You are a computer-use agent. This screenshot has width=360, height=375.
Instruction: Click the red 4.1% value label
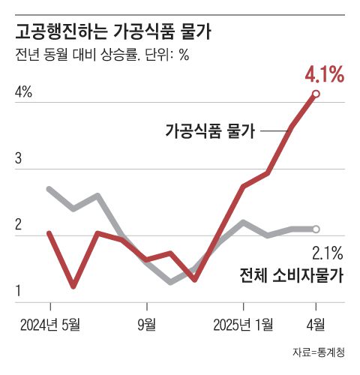pyautogui.click(x=324, y=75)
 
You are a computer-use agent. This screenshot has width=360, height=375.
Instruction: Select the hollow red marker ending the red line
pyautogui.click(x=316, y=94)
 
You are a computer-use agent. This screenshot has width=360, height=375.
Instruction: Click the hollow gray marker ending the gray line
pyautogui.click(x=316, y=229)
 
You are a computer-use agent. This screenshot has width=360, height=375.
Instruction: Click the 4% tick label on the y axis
pyautogui.click(x=23, y=92)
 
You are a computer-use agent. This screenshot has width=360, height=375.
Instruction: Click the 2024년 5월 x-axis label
pyautogui.click(x=49, y=324)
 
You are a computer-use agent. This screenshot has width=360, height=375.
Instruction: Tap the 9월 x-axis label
pyautogui.click(x=147, y=324)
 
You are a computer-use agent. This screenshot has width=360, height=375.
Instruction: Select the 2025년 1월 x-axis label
pyautogui.click(x=244, y=324)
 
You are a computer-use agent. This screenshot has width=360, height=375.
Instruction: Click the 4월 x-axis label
pyautogui.click(x=316, y=324)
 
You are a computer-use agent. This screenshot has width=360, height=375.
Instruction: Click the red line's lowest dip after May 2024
pyautogui.click(x=73, y=286)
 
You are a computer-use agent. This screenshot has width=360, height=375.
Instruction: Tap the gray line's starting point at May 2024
pyautogui.click(x=49, y=189)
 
